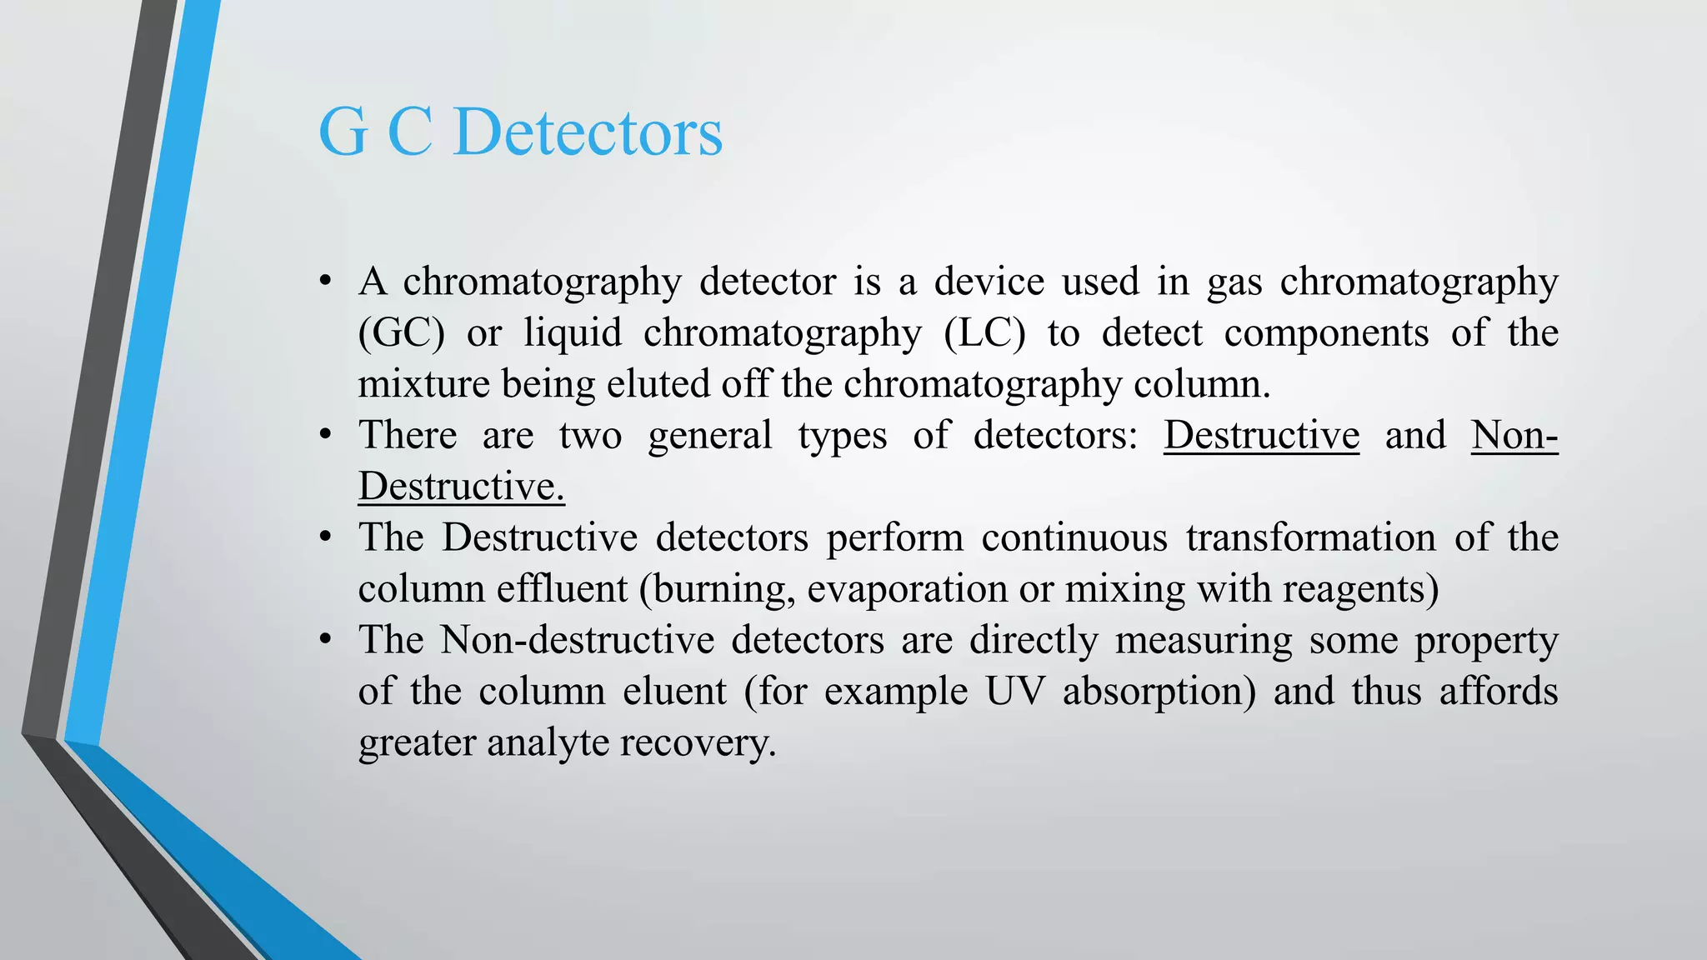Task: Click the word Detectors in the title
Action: point(588,133)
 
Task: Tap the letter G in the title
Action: point(343,133)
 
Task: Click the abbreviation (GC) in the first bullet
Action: point(401,333)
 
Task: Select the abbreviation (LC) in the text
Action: point(984,333)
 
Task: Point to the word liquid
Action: point(573,333)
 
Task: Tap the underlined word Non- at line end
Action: point(1514,435)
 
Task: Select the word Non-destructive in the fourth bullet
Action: point(577,640)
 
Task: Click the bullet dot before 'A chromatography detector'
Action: point(326,281)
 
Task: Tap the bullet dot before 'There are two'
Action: point(326,435)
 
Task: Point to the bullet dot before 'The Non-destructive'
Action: point(326,640)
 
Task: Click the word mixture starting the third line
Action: point(424,384)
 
